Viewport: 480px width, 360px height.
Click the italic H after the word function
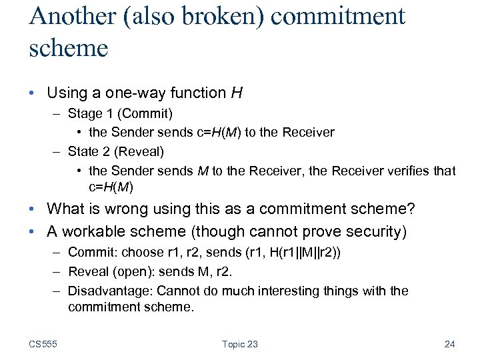click(237, 93)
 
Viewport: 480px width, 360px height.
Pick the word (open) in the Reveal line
click(130, 271)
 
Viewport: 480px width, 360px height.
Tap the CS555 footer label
click(43, 344)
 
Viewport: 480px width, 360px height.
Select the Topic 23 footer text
click(239, 344)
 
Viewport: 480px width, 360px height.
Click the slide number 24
click(449, 344)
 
